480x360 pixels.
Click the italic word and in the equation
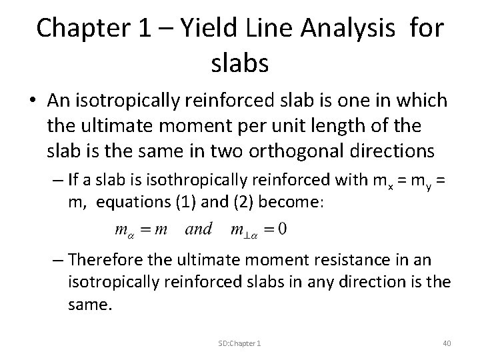click(199, 229)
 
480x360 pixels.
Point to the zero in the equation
click(283, 229)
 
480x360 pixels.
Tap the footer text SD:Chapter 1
click(239, 342)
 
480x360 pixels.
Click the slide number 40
click(446, 342)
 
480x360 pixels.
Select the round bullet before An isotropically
click(32, 100)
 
